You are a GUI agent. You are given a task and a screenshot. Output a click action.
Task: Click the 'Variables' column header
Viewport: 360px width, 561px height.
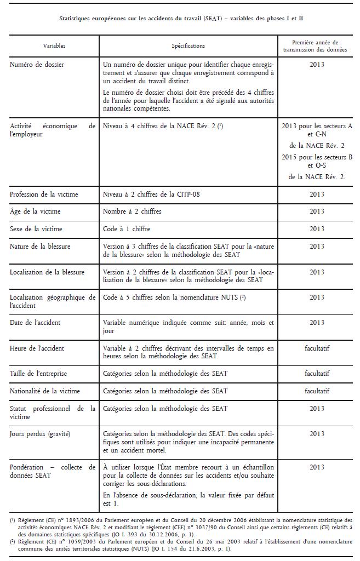53,46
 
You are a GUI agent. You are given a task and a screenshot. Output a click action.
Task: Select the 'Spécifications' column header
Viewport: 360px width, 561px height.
188,46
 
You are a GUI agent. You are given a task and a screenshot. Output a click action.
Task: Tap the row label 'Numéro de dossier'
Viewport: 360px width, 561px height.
37,65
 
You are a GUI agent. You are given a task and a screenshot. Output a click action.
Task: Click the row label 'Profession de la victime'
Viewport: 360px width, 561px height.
44,194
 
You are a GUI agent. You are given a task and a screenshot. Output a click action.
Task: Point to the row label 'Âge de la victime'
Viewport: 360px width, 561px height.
35,211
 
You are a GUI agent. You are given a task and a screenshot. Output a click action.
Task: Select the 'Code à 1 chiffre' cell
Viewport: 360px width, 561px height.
127,228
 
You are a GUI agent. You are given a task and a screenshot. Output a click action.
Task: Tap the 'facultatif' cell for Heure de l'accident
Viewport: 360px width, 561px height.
317,348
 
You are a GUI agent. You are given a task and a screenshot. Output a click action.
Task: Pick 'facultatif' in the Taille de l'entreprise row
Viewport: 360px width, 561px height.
317,374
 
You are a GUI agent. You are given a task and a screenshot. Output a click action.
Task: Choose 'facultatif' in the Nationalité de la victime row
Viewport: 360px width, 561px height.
317,391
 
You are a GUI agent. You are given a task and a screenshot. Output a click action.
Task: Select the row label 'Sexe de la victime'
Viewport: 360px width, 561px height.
36,228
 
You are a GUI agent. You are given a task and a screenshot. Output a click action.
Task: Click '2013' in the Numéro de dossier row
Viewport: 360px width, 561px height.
317,65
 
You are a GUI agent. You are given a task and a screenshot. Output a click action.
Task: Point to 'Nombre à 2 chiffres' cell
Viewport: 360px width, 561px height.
132,211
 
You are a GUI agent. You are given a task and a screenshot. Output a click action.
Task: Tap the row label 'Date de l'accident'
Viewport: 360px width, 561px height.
36,323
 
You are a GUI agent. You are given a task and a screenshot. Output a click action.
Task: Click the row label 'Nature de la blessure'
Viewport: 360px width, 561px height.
40,247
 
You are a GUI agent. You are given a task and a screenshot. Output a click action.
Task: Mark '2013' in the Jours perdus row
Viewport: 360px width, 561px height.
317,434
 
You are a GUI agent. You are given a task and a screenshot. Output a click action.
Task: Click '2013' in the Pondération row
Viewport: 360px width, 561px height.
317,467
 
